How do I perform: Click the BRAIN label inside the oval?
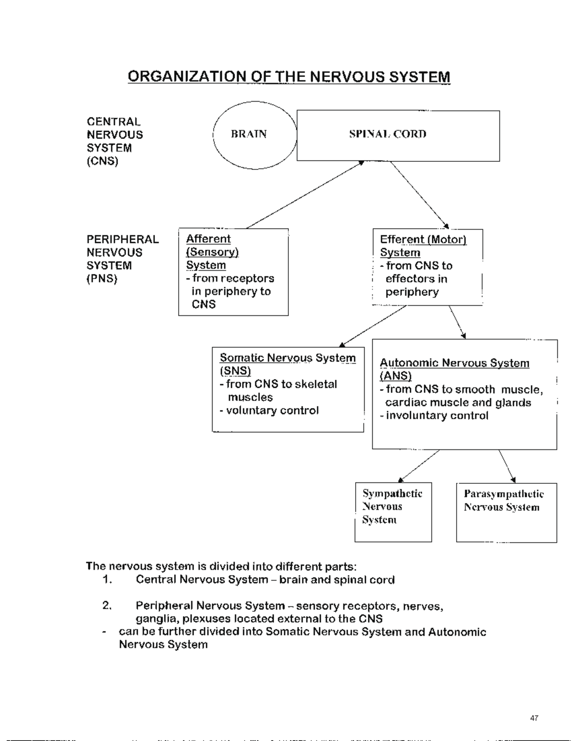(248, 134)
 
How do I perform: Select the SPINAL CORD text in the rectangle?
(388, 134)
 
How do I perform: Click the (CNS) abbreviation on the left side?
(102, 161)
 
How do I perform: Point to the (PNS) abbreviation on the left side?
(102, 279)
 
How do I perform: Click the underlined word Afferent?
(208, 239)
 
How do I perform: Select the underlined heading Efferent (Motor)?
(423, 240)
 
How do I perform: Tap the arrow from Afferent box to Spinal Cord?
(305, 195)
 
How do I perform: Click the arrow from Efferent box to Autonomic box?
(457, 322)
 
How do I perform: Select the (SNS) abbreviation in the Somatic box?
(235, 371)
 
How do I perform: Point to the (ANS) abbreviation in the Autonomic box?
(396, 376)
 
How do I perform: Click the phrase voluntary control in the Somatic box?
(272, 410)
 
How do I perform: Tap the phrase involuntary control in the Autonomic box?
(437, 416)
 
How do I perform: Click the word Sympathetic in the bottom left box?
(392, 493)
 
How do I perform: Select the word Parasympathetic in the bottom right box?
(503, 494)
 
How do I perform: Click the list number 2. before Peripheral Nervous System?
(107, 605)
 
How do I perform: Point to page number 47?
(534, 718)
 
